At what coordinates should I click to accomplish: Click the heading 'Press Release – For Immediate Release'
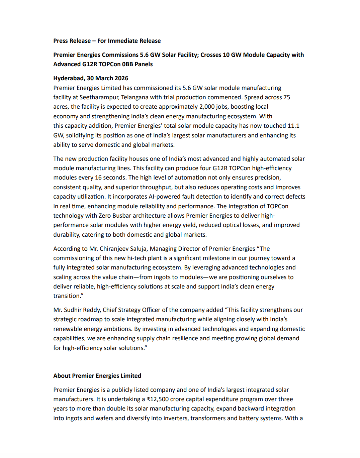pos(107,41)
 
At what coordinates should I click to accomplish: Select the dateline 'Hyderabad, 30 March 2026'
pos(91,78)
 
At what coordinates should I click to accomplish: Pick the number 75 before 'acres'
pos(286,97)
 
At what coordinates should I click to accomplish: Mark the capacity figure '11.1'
pos(293,126)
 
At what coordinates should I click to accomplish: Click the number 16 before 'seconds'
pos(98,178)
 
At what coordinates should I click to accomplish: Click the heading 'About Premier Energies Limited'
pos(97,376)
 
